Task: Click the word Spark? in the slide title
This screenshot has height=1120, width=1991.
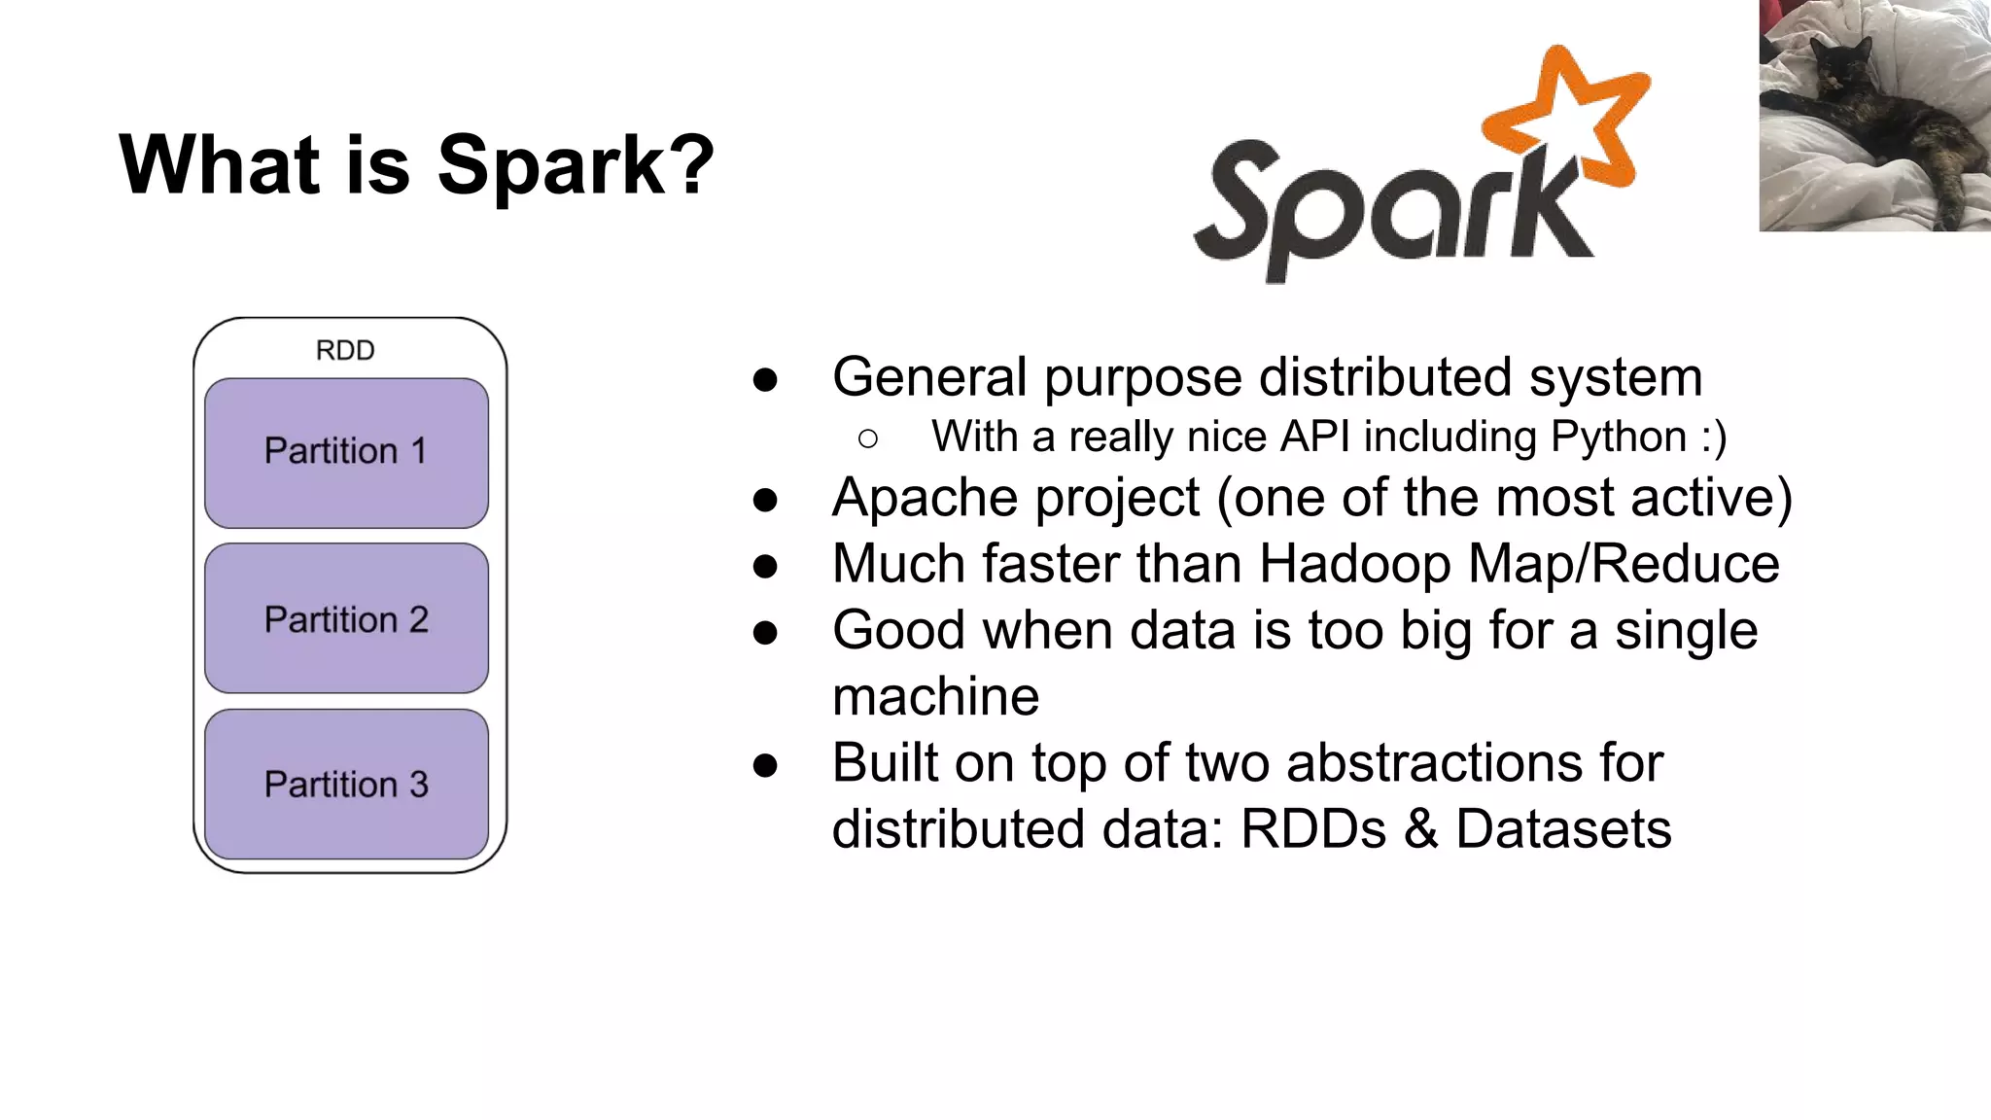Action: (x=576, y=165)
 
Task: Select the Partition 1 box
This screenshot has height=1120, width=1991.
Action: (x=346, y=452)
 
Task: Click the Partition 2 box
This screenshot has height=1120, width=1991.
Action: (x=346, y=619)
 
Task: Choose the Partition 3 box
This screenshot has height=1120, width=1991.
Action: (x=346, y=785)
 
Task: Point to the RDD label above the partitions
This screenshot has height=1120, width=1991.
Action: (x=345, y=350)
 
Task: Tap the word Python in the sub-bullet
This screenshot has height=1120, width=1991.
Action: (x=1618, y=437)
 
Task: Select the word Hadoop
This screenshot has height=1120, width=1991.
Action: (x=1355, y=564)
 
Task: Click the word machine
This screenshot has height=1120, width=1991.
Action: (x=935, y=697)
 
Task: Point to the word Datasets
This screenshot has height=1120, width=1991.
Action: (x=1563, y=829)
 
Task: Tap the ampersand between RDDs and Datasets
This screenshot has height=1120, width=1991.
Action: (x=1420, y=829)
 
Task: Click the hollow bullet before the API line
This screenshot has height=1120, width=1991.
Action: (x=868, y=439)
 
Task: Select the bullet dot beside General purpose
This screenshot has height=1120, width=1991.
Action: (x=765, y=380)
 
